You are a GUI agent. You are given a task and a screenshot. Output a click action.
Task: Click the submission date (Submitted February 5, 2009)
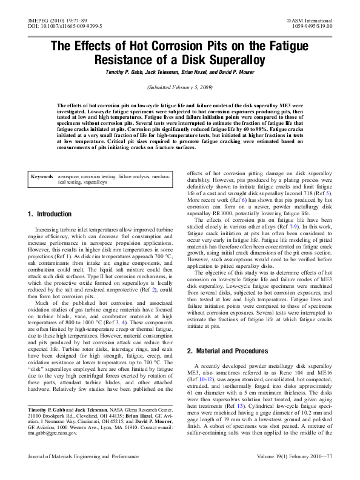pos(179,88)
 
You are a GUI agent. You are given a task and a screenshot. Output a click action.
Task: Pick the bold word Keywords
pos(42,176)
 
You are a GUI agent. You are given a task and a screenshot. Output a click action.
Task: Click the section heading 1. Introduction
pos(50,214)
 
